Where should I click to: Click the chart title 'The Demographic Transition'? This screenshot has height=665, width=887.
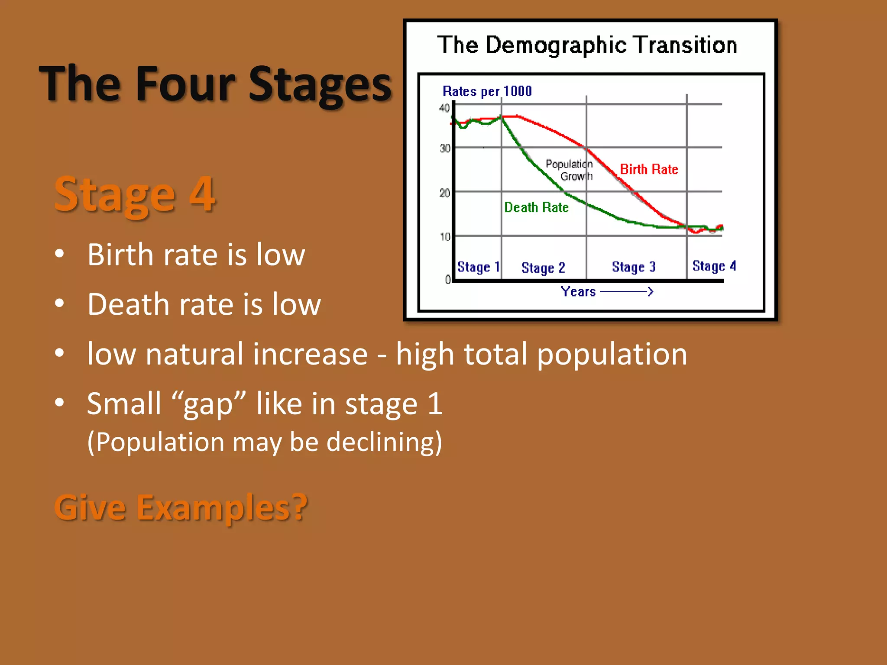(587, 45)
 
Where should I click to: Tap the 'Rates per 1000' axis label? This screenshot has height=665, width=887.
(487, 91)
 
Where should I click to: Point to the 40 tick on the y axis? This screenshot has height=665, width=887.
(444, 108)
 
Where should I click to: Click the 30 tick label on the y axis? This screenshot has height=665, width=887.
(445, 148)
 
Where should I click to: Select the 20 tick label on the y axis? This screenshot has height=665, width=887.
(445, 193)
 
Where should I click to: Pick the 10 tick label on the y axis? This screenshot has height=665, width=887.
(445, 237)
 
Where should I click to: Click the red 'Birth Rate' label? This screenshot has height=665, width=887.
(649, 169)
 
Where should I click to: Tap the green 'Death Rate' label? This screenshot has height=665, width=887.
(536, 207)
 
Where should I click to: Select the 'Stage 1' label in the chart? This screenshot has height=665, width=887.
(478, 267)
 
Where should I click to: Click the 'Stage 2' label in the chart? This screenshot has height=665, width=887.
(543, 268)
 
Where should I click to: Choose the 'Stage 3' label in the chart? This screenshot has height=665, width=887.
(634, 267)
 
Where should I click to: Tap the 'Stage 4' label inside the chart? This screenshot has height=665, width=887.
(714, 266)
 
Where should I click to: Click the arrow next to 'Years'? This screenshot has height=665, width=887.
(627, 292)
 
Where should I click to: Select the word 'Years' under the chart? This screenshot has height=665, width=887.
(578, 292)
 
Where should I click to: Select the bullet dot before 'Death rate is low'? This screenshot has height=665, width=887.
(60, 303)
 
